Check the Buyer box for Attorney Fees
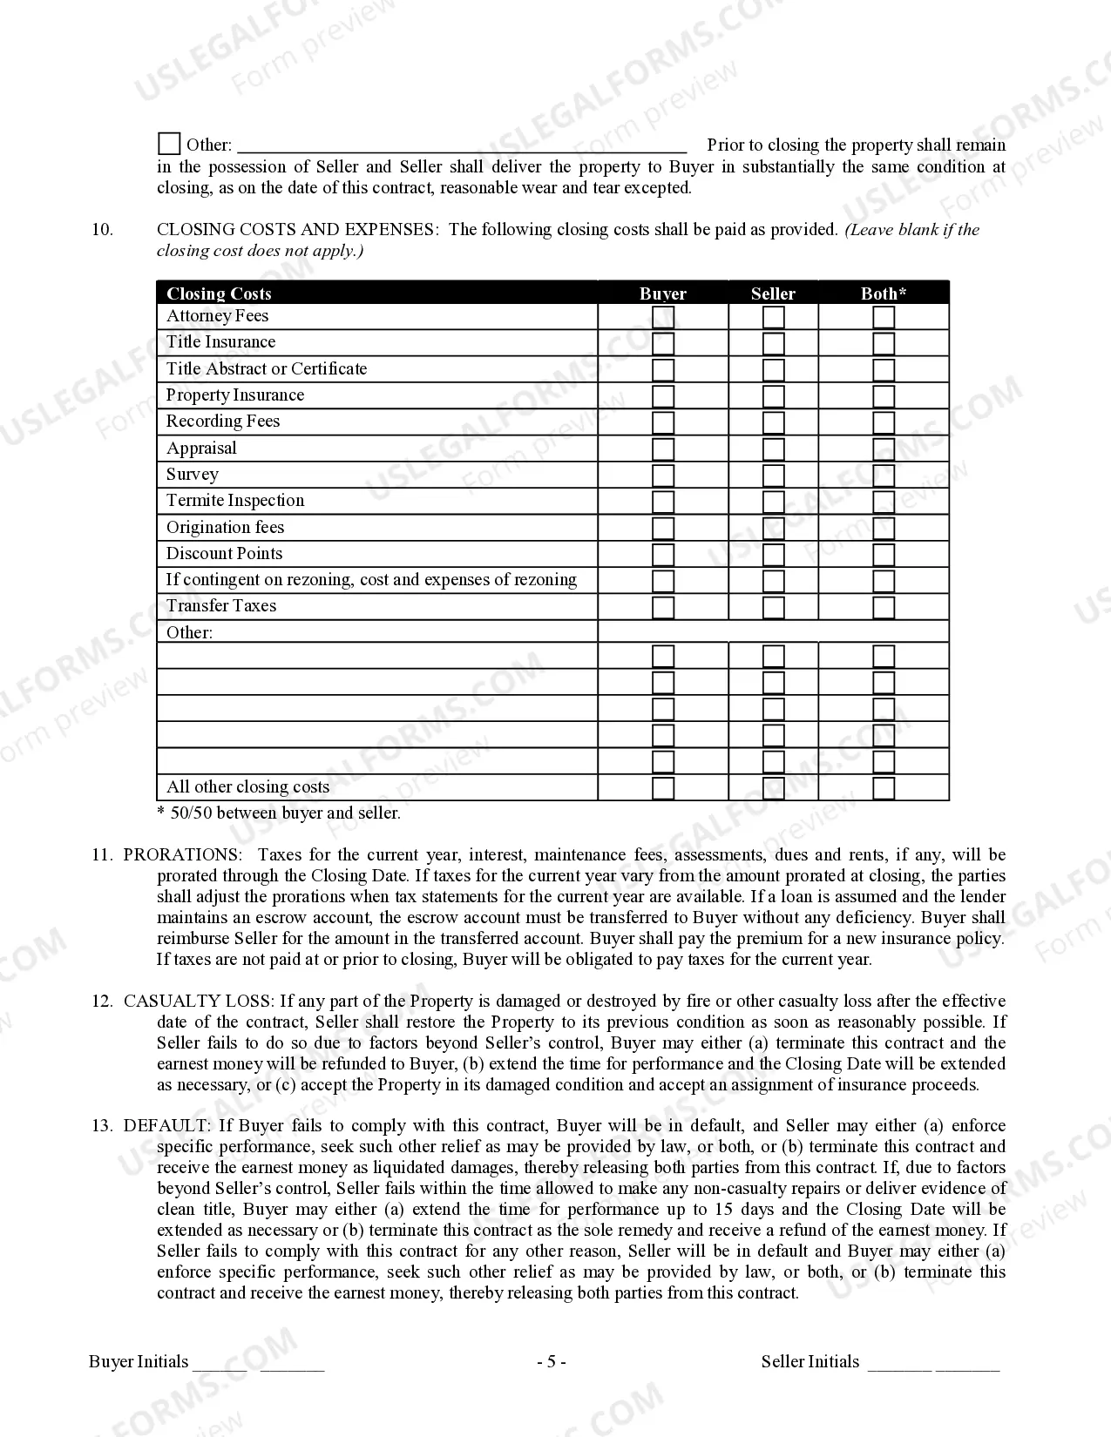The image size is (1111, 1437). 663,317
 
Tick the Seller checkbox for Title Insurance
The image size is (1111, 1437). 773,343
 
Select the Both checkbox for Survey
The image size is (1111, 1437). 884,476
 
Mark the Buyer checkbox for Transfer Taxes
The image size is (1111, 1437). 663,607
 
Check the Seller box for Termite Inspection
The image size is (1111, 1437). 773,502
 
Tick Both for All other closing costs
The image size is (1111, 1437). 884,788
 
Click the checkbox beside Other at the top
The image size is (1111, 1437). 169,144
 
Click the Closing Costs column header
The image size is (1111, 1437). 219,293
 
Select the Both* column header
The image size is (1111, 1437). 883,293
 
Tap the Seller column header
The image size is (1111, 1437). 773,293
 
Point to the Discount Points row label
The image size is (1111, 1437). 224,554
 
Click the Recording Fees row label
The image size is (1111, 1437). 223,422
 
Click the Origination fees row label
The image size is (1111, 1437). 225,528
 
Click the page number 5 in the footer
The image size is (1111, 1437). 551,1362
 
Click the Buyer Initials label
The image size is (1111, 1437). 139,1362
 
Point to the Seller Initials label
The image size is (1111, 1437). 810,1362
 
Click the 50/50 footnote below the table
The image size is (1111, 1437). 279,813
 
